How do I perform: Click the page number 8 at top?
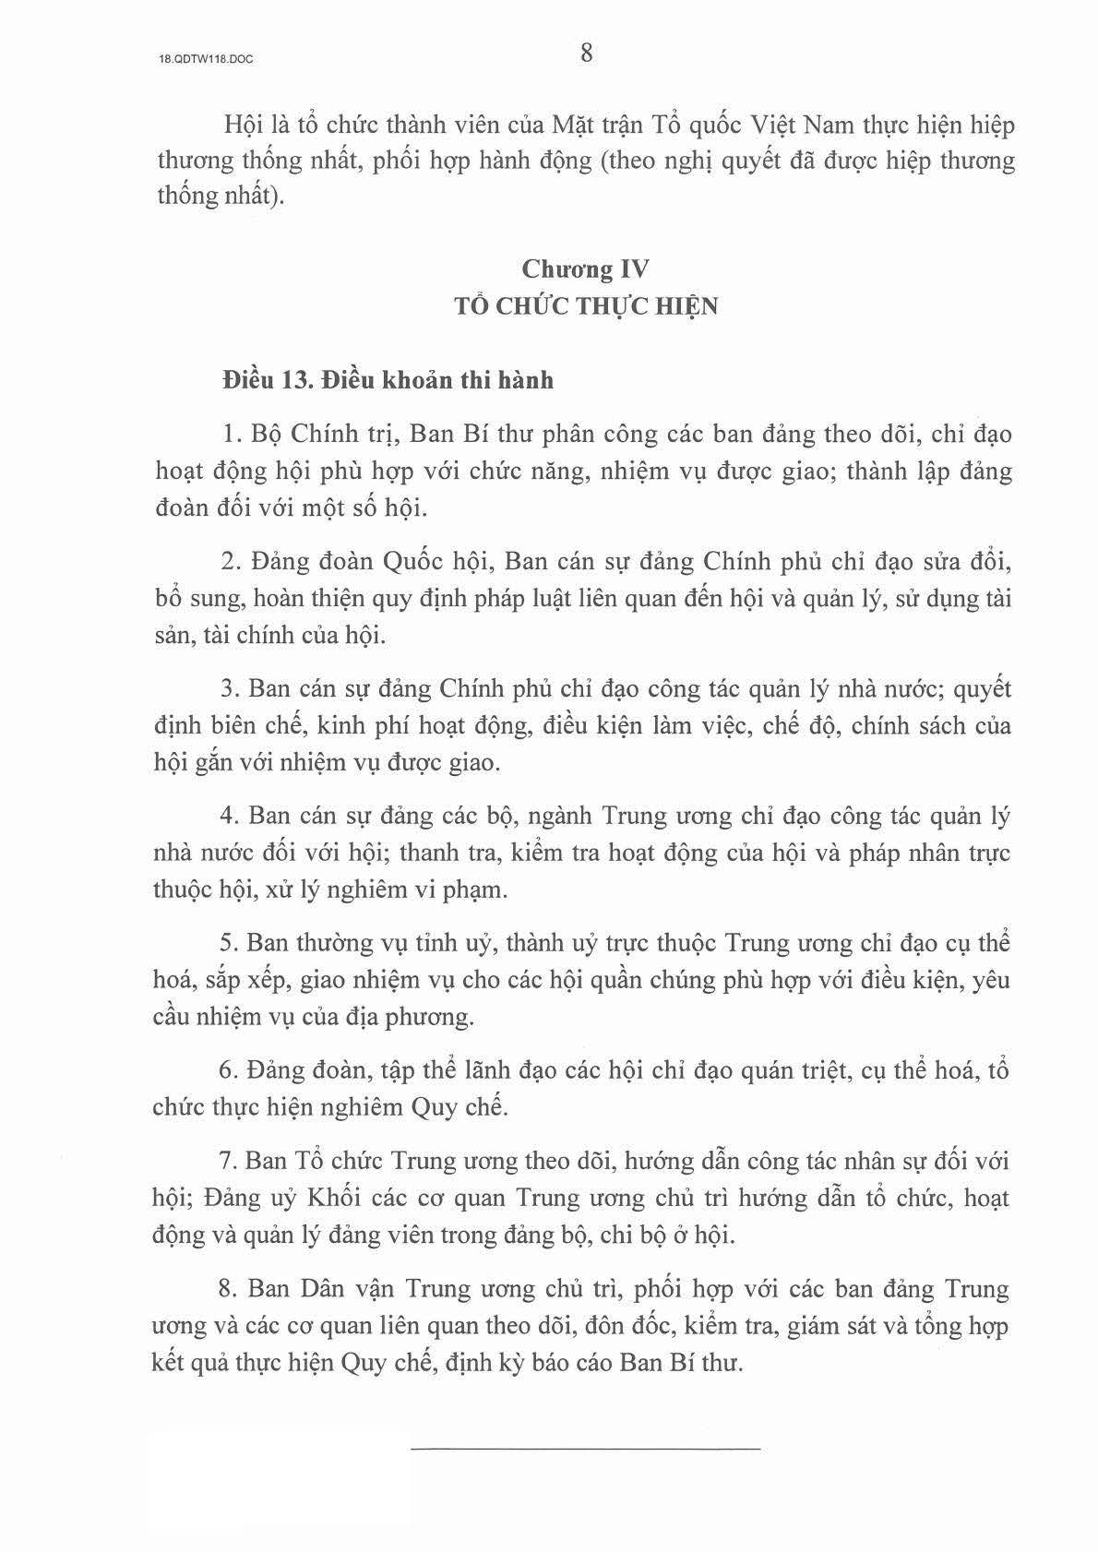tap(587, 54)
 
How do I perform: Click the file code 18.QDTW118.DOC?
tap(206, 58)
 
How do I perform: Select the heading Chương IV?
tap(585, 269)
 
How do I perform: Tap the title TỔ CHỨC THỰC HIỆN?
tap(585, 306)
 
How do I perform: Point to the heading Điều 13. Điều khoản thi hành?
tap(388, 380)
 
